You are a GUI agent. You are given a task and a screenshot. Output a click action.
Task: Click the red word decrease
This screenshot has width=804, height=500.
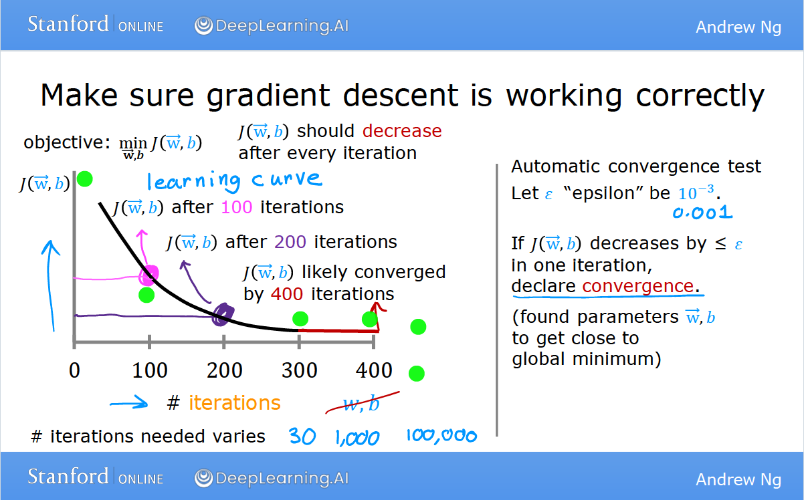tap(402, 131)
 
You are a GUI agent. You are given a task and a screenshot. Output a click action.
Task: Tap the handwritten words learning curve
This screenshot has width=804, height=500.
tap(235, 181)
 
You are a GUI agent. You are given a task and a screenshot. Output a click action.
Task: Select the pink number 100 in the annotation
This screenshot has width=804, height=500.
tap(237, 207)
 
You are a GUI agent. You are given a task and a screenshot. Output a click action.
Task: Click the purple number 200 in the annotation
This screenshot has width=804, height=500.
tap(290, 242)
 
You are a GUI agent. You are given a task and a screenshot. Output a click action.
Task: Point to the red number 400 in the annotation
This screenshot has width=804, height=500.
tap(287, 294)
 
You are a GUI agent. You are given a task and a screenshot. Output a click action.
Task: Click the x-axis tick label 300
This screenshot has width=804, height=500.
tap(300, 370)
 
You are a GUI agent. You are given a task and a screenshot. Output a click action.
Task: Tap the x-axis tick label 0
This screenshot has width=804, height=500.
tap(74, 370)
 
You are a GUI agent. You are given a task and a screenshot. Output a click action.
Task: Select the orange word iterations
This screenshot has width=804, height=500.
tap(235, 403)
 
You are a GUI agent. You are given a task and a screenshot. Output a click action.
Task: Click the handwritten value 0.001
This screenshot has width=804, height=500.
tap(702, 213)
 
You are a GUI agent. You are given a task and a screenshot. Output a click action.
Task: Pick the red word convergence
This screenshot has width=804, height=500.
tap(638, 286)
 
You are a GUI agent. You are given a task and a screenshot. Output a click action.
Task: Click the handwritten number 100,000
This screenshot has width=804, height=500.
tap(441, 436)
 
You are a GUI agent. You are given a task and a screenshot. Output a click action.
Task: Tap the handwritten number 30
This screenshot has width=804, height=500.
tap(302, 436)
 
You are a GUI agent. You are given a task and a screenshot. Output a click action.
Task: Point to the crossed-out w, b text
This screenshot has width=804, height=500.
tap(362, 404)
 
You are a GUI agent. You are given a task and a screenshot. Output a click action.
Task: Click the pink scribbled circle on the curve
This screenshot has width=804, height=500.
tap(149, 275)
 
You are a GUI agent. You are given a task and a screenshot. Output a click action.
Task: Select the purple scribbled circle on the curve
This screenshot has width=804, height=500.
tap(223, 315)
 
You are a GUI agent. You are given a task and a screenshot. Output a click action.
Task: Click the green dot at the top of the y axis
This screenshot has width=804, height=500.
tap(85, 179)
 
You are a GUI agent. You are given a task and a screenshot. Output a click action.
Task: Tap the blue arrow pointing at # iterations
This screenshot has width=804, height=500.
tap(129, 402)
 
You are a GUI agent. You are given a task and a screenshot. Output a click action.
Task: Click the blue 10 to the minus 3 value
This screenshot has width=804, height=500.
tap(696, 193)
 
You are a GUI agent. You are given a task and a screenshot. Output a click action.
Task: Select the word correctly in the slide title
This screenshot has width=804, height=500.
tap(700, 96)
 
